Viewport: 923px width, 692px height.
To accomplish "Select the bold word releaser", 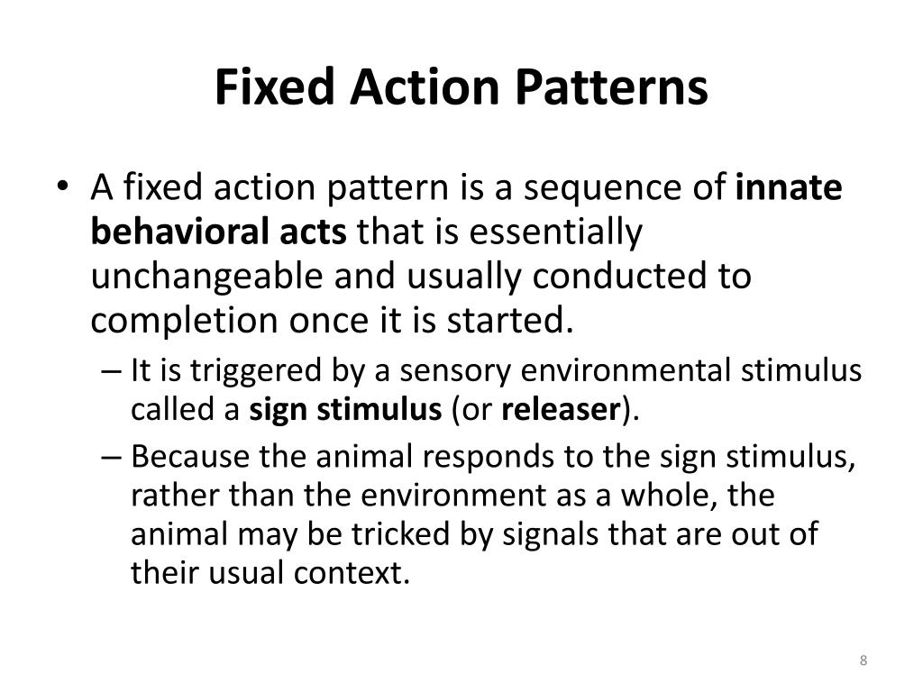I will pos(559,410).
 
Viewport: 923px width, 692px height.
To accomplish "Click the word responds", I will pos(483,458).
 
